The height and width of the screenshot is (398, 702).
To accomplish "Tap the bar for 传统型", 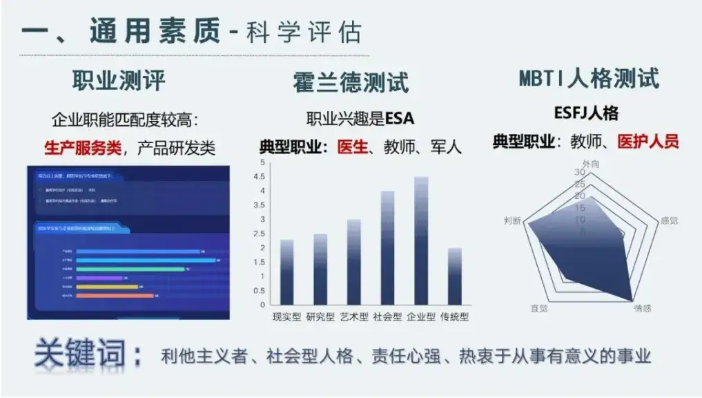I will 454,276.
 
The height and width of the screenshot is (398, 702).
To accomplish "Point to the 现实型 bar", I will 286,272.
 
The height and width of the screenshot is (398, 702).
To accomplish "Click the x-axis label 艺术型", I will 353,317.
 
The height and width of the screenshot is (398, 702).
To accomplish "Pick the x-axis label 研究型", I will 320,317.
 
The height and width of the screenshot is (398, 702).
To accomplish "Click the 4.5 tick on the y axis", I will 260,176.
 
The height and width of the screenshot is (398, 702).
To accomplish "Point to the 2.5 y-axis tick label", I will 260,234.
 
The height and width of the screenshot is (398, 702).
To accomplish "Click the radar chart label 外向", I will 589,164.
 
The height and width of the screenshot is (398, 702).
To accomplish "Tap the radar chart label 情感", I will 642,308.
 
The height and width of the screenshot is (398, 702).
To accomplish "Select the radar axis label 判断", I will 514,220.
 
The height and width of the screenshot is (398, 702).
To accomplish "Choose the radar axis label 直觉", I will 539,308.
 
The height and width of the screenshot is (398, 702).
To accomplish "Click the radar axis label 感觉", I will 669,220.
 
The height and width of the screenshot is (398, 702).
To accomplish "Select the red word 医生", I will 352,146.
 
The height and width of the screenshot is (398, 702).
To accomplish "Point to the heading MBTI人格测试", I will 589,78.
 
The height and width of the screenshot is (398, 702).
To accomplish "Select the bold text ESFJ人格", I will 586,113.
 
